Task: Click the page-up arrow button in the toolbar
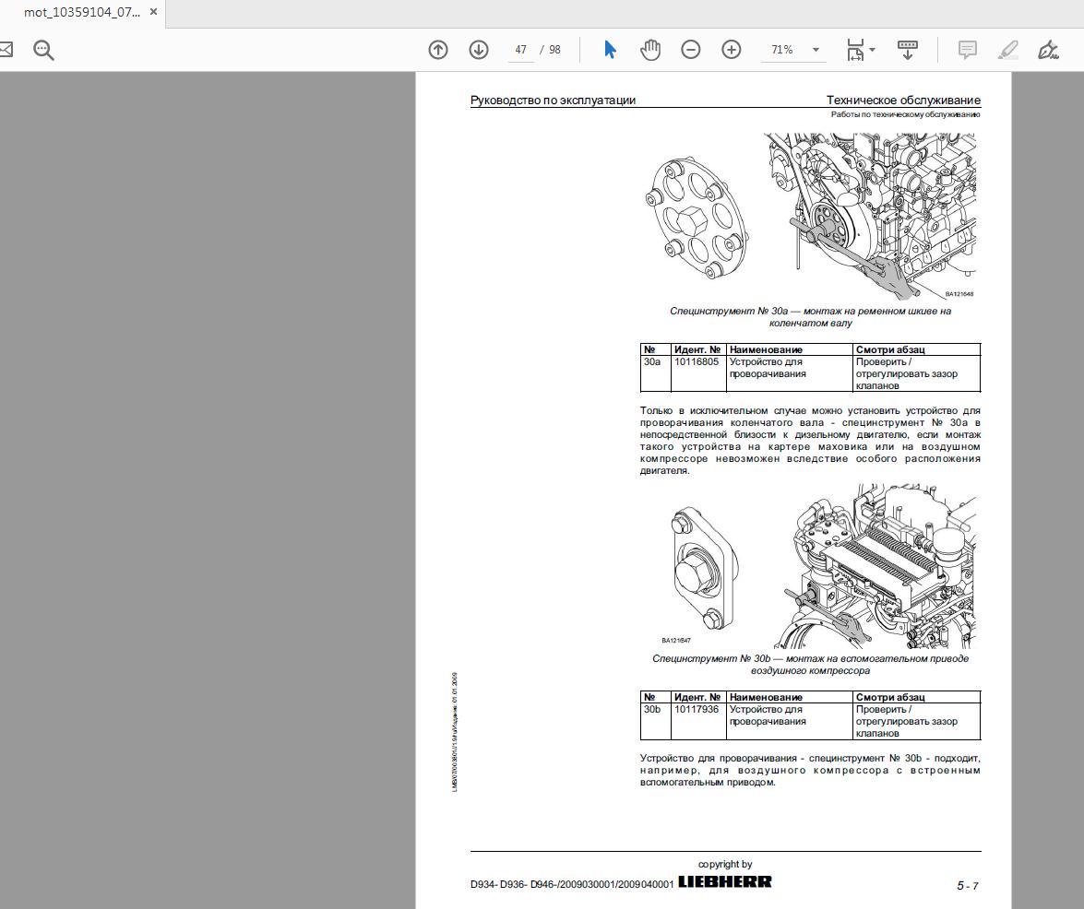tap(438, 50)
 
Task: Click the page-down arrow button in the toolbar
tap(479, 50)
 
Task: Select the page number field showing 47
tap(521, 50)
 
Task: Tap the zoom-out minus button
tap(691, 50)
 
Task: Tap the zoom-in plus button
tap(732, 50)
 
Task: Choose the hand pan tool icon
tap(650, 50)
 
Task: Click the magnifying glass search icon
tap(43, 50)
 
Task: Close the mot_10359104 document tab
tap(153, 14)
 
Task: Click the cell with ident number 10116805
tap(697, 362)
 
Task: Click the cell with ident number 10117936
tap(697, 710)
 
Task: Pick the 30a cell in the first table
tap(652, 362)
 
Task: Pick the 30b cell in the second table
tap(652, 710)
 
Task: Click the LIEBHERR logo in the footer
tap(725, 882)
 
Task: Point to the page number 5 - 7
tap(967, 886)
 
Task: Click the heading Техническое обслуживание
tap(903, 100)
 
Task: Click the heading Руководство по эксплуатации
tap(553, 100)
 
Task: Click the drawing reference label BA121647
tap(676, 640)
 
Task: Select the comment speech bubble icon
tap(968, 50)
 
